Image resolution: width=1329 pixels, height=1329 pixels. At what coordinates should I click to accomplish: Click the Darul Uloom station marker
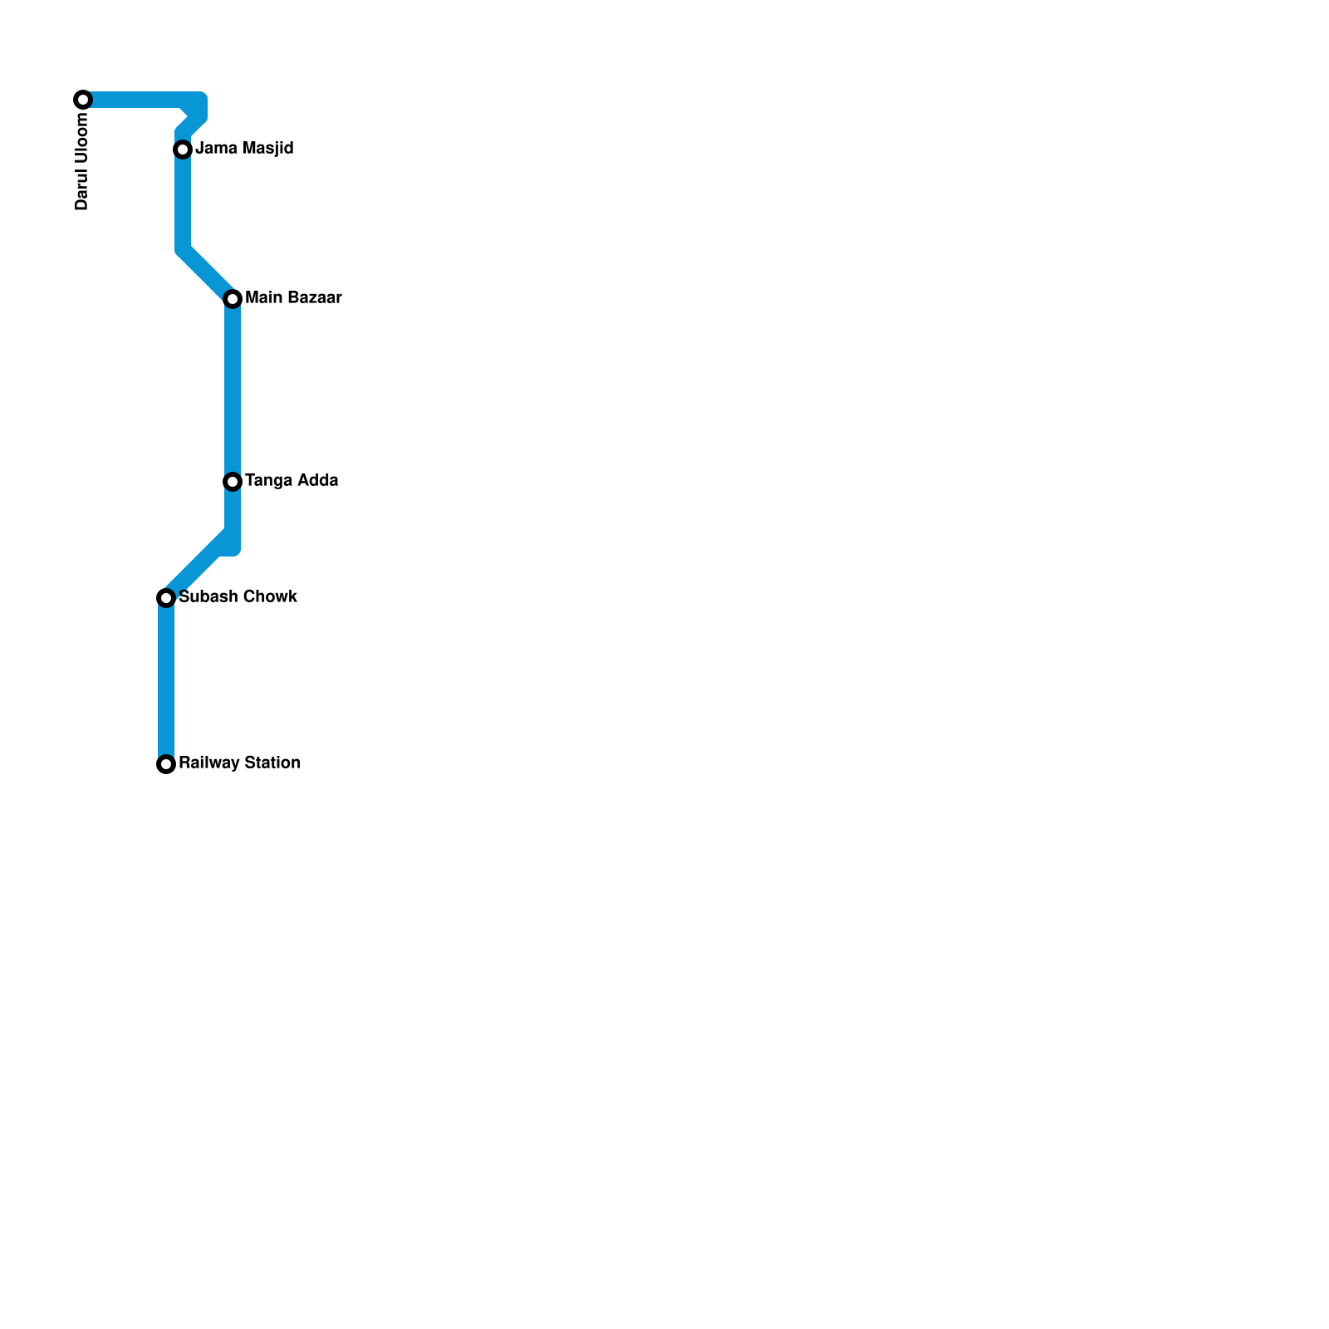(83, 100)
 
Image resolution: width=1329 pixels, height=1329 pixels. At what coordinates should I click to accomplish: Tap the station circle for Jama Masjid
(183, 150)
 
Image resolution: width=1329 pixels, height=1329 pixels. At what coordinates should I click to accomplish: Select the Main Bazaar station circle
(233, 299)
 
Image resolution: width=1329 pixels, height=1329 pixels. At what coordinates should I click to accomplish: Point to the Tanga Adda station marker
(233, 482)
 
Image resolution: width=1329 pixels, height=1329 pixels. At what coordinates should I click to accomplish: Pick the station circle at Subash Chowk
(166, 598)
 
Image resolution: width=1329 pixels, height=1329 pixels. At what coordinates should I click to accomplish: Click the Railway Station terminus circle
(166, 764)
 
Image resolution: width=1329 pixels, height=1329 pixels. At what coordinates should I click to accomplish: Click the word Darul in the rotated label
(81, 191)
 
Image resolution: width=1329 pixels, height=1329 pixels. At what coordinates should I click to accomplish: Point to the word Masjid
(267, 149)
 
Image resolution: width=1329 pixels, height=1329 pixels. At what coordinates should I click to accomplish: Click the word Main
(262, 297)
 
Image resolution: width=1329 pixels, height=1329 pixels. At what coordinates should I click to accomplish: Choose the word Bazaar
(311, 297)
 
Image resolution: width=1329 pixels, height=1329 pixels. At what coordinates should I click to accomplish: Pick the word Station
(269, 763)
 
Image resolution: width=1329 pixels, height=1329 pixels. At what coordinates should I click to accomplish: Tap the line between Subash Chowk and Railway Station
(166, 681)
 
